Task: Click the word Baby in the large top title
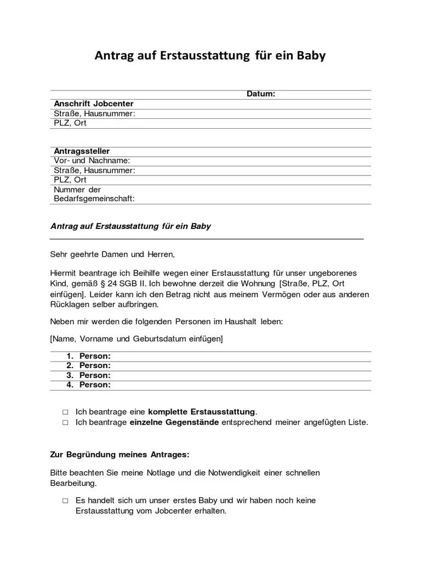pyautogui.click(x=311, y=56)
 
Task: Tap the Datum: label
pyautogui.click(x=260, y=94)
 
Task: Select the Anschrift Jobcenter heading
pyautogui.click(x=94, y=104)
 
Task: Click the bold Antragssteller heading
pyautogui.click(x=82, y=151)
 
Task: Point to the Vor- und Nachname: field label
pyautogui.click(x=92, y=161)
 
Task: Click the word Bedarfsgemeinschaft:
pyautogui.click(x=94, y=199)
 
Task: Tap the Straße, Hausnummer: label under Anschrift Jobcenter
pyautogui.click(x=94, y=113)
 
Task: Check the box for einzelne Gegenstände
pyautogui.click(x=65, y=422)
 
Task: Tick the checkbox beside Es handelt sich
pyautogui.click(x=65, y=501)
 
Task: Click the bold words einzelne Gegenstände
pyautogui.click(x=174, y=422)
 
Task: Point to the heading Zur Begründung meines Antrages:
pyautogui.click(x=120, y=455)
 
